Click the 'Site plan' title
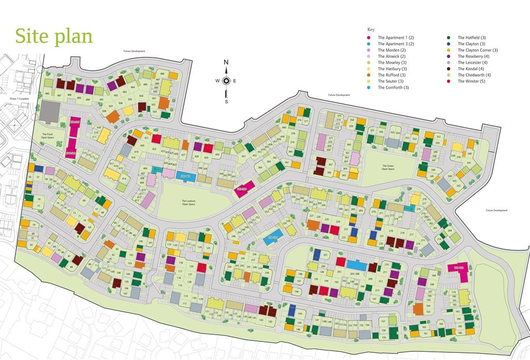(54, 36)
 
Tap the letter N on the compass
(226, 63)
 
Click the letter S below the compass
(226, 101)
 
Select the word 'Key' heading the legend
(371, 29)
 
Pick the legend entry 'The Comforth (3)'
(396, 87)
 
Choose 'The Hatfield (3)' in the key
(472, 38)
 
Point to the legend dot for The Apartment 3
(369, 44)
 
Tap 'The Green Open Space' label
(388, 168)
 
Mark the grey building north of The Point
(50, 112)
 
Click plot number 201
(325, 256)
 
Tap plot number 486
(47, 94)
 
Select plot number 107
(125, 293)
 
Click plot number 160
(440, 324)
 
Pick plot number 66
(84, 200)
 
